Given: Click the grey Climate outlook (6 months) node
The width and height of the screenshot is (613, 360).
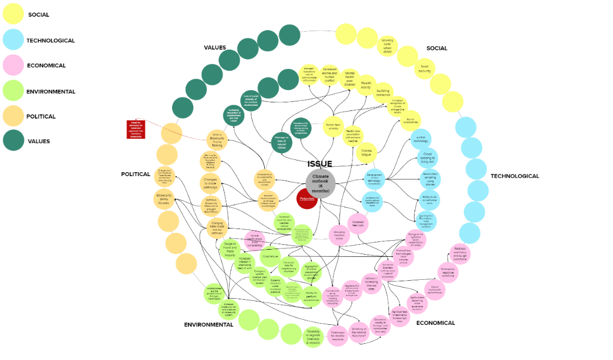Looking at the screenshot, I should [x=320, y=182].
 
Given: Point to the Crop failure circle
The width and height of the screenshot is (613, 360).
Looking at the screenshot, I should [x=270, y=256].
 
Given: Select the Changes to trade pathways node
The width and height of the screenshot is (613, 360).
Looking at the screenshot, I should [x=211, y=183].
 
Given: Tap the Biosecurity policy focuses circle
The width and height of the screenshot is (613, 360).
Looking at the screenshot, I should [x=164, y=199].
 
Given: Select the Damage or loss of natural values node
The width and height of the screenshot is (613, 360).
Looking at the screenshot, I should [x=281, y=143].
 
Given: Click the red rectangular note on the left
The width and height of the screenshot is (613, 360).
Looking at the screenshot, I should [x=136, y=129].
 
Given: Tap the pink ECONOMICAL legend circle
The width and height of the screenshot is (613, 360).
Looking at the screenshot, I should [x=12, y=65].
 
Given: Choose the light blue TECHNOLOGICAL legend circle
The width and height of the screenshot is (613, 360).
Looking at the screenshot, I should [x=12, y=40].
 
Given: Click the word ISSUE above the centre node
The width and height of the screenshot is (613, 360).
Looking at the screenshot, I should [x=320, y=164].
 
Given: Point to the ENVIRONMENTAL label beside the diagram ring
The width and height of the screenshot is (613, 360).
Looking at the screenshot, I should [x=208, y=324].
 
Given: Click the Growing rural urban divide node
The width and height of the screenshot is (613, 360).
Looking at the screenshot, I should [x=387, y=46].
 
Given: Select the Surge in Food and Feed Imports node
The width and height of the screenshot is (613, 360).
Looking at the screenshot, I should [x=230, y=249].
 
